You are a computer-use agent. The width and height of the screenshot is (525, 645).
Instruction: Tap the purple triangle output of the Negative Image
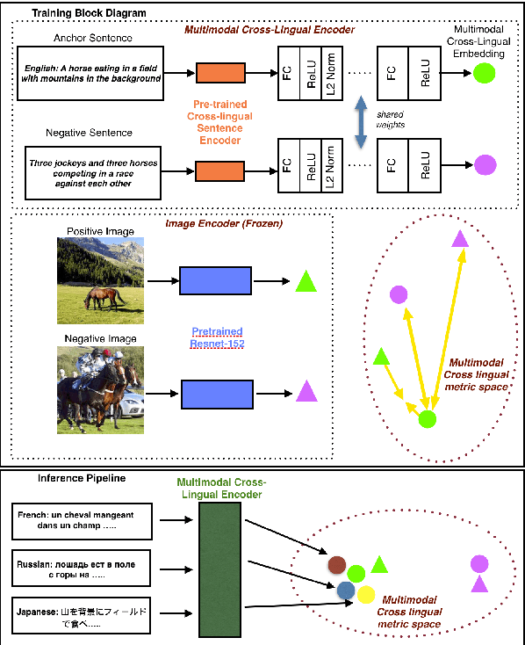pyautogui.click(x=306, y=391)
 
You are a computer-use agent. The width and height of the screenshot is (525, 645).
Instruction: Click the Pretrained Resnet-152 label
pyautogui.click(x=217, y=337)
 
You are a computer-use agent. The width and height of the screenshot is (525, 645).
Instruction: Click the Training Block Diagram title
pyautogui.click(x=76, y=14)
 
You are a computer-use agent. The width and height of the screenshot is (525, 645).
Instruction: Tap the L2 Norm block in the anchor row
pyautogui.click(x=329, y=71)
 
